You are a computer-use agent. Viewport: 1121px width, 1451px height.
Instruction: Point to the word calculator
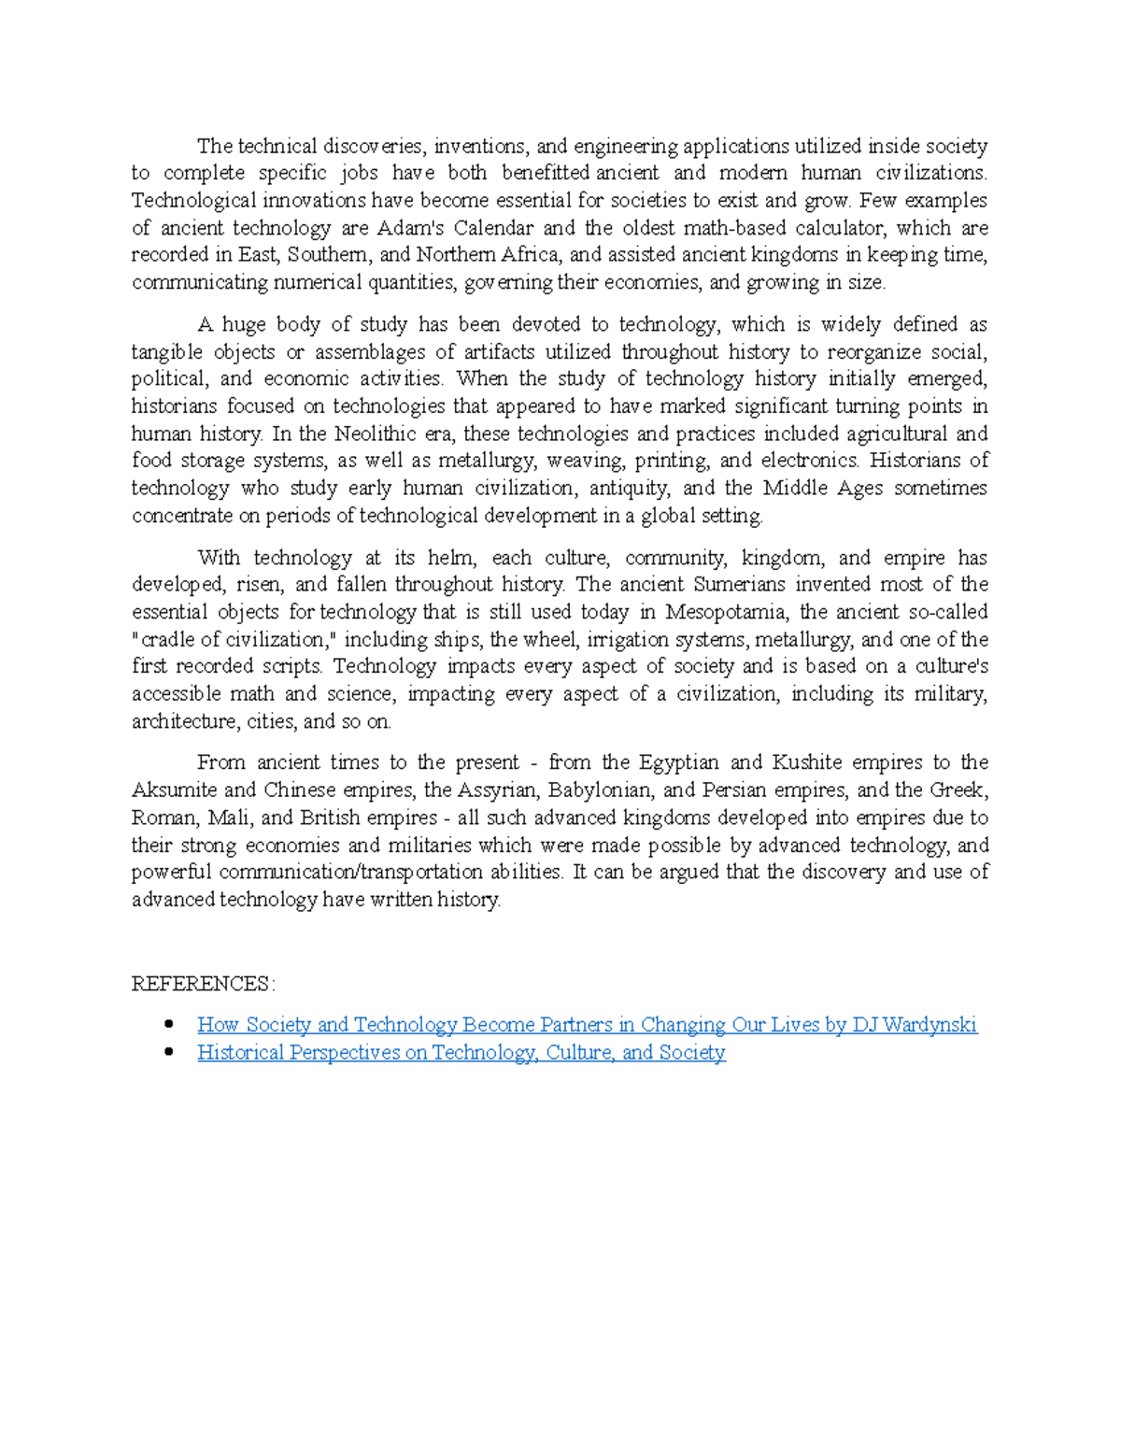click(838, 228)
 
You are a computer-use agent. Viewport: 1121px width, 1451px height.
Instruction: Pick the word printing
click(671, 461)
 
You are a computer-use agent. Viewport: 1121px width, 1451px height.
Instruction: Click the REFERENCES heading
click(203, 984)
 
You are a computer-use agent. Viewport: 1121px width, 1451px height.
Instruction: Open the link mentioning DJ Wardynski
click(587, 1025)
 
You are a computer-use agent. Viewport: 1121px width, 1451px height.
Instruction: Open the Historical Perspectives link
click(461, 1053)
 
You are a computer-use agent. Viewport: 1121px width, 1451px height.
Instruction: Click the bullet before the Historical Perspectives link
click(169, 1052)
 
